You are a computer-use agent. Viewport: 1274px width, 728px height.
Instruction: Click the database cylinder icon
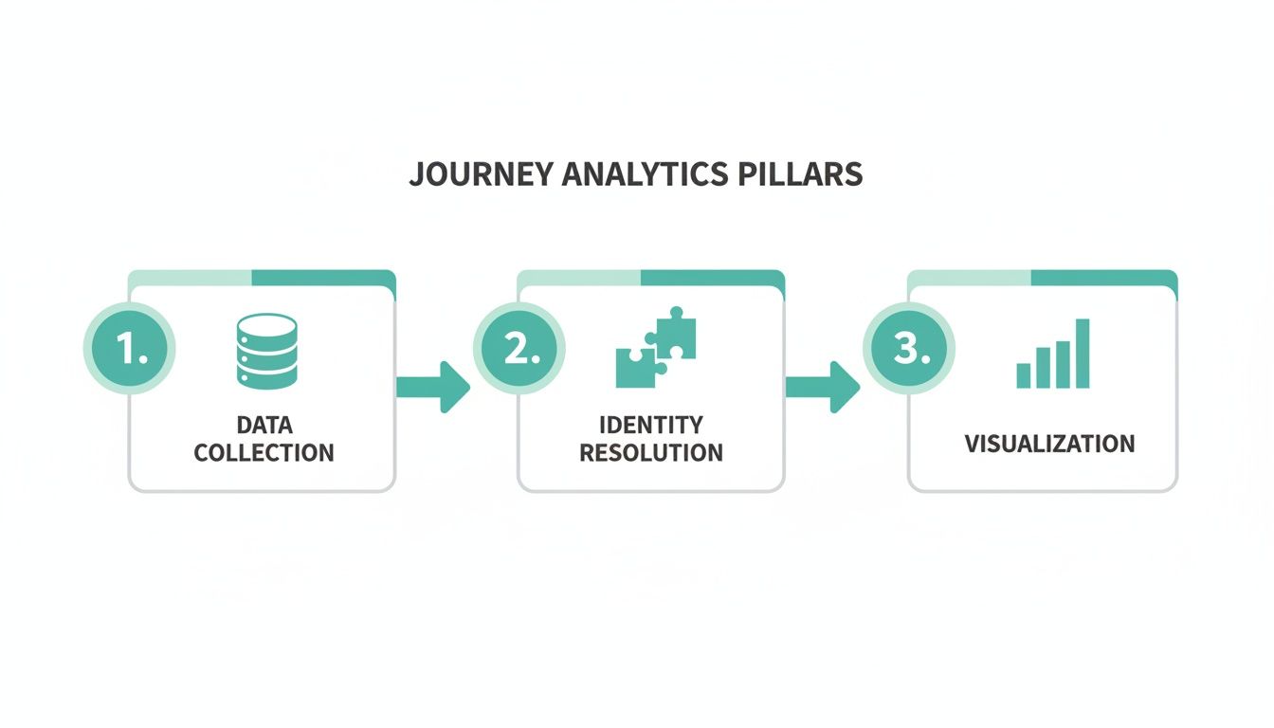(265, 352)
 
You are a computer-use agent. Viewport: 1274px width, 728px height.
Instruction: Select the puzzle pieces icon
(656, 347)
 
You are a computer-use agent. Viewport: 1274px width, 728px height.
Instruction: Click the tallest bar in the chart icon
(1083, 354)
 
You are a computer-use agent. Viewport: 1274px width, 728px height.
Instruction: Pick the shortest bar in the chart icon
(1024, 375)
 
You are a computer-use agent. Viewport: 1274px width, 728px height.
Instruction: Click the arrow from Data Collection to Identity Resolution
(433, 386)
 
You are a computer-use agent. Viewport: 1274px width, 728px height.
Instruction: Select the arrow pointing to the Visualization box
(823, 386)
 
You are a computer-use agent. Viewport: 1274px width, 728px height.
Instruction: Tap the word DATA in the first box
(264, 424)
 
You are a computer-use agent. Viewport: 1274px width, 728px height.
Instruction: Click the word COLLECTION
(264, 453)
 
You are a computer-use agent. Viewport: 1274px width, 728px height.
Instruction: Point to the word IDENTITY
(651, 424)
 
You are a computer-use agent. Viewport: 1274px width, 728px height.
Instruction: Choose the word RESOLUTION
(651, 453)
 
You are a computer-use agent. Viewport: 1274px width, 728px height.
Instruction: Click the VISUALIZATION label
(1049, 444)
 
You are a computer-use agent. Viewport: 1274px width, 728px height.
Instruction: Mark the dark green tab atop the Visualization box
(1102, 278)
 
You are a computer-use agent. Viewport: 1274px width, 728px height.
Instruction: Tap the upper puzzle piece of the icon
(675, 334)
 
